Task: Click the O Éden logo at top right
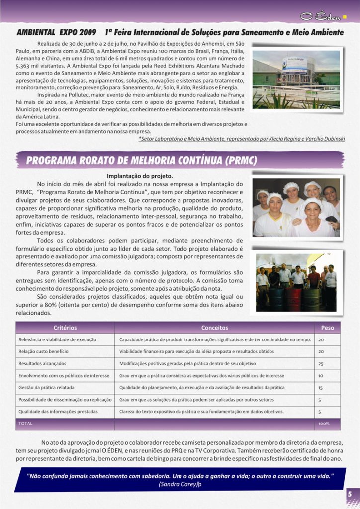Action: tap(323, 16)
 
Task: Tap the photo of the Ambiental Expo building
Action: tap(296, 79)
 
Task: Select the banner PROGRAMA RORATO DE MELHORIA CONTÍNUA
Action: tap(142, 161)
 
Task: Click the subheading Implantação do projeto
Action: tap(140, 176)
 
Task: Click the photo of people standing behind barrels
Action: tap(297, 282)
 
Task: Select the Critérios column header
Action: tap(65, 328)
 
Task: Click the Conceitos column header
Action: tap(215, 328)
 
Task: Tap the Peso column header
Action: tap(328, 328)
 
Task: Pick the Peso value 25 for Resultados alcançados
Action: tap(321, 364)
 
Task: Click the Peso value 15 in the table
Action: tap(321, 388)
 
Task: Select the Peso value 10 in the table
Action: tap(321, 376)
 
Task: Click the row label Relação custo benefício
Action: tap(44, 351)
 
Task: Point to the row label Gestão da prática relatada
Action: tap(46, 388)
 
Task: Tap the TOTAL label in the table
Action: tap(25, 424)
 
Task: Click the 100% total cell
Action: tap(324, 424)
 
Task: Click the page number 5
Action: tap(350, 494)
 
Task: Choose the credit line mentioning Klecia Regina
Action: tap(242, 139)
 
